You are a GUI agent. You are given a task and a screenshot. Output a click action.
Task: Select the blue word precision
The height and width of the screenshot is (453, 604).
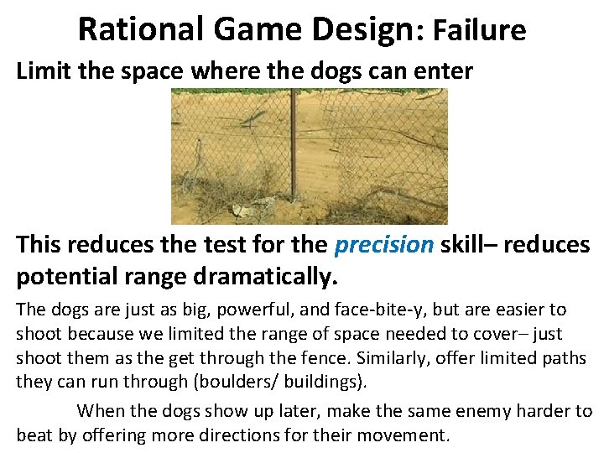click(384, 244)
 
